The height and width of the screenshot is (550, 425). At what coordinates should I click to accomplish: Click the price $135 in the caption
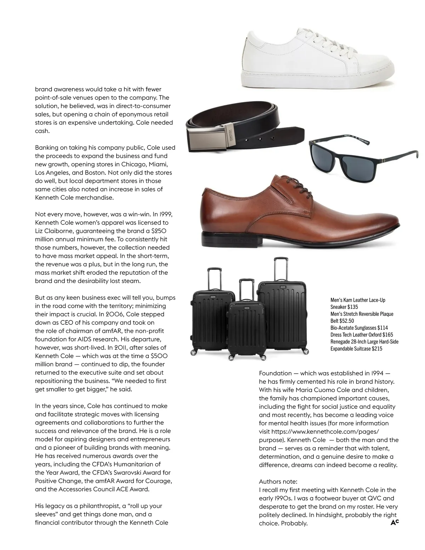pyautogui.click(x=353, y=307)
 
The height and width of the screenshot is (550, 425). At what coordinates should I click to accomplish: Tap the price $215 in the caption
pyautogui.click(x=377, y=348)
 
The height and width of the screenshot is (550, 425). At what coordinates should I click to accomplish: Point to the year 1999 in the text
pyautogui.click(x=166, y=214)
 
